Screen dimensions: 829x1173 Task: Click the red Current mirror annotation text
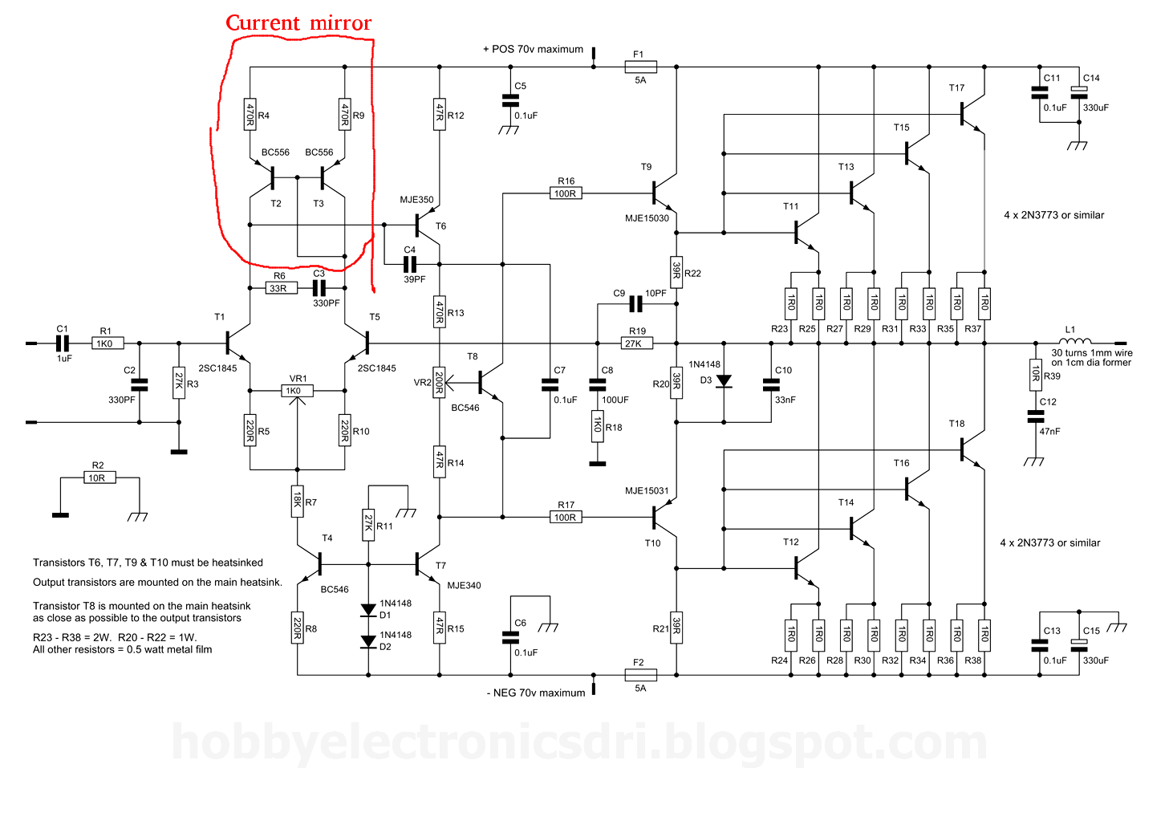(x=298, y=23)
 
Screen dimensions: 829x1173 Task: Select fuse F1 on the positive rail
(x=640, y=67)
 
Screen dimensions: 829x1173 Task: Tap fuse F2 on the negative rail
(x=640, y=675)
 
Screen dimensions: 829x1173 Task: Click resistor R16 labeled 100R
(x=566, y=193)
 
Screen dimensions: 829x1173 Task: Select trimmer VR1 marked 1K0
(x=297, y=391)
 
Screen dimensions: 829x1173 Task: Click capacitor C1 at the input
(x=63, y=343)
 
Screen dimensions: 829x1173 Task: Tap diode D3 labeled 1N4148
(x=724, y=381)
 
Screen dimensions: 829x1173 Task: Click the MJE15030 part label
(x=647, y=218)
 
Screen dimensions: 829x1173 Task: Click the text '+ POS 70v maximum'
(x=533, y=49)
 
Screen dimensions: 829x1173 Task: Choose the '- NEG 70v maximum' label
(x=535, y=693)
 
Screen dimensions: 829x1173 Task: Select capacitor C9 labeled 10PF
(x=636, y=304)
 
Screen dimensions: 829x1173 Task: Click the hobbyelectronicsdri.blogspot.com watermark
(x=578, y=742)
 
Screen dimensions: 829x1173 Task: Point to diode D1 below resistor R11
(x=368, y=610)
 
